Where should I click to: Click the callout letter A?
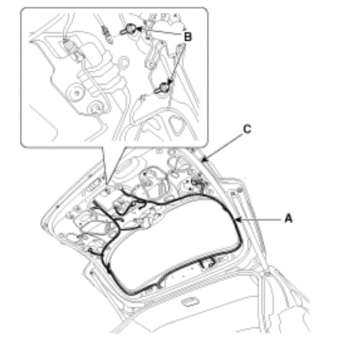click(288, 218)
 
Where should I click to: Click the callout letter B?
click(188, 37)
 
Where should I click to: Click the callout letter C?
click(247, 129)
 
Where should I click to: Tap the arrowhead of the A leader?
click(237, 220)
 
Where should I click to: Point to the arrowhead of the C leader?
click(204, 158)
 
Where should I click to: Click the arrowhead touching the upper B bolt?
click(138, 29)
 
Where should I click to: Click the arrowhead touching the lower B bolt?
click(170, 82)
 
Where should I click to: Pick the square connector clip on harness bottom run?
click(208, 263)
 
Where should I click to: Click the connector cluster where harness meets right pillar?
click(198, 182)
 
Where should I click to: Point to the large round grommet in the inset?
click(75, 93)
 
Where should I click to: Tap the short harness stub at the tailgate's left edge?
click(94, 252)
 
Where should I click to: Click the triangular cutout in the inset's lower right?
click(177, 124)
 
